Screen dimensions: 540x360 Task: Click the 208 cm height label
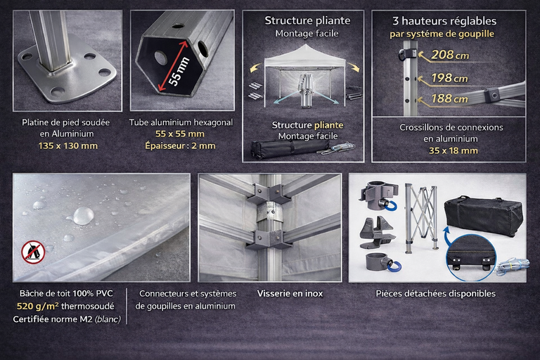pos(450,55)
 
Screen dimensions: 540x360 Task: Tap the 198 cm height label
pos(449,78)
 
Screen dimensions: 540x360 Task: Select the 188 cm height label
pos(449,98)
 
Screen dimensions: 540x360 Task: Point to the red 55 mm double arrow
pos(174,67)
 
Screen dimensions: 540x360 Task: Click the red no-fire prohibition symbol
pos(34,252)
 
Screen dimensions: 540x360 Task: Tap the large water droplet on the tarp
pos(83,216)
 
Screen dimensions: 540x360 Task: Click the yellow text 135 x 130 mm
pos(67,146)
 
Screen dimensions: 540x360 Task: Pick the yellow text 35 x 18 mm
pos(454,150)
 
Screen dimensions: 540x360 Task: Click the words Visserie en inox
pos(290,293)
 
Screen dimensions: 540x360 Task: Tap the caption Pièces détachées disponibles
pos(436,293)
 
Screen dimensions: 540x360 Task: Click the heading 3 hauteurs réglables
pos(444,21)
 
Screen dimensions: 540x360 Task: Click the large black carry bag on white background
pos(483,216)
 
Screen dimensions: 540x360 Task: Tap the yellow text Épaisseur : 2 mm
pos(180,146)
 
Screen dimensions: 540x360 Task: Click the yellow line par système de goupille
pos(442,34)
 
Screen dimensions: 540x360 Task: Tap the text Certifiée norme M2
pos(53,319)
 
